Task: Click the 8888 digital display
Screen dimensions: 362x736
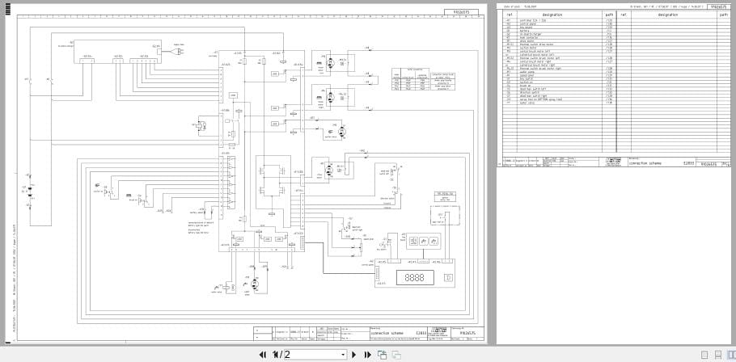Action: point(415,277)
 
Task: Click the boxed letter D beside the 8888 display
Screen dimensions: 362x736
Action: point(448,277)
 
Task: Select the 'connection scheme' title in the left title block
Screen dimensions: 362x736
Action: point(387,332)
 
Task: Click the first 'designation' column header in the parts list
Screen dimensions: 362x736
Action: point(552,15)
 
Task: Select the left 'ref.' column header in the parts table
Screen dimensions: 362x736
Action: point(510,15)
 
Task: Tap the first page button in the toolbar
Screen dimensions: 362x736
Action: point(262,354)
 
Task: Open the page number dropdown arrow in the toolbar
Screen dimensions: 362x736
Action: point(343,354)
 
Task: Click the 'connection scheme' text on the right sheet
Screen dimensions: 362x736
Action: point(645,163)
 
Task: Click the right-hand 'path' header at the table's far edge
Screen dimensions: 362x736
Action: point(723,15)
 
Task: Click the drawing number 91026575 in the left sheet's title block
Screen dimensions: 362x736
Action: point(467,332)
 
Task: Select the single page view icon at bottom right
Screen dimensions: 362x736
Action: point(704,355)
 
